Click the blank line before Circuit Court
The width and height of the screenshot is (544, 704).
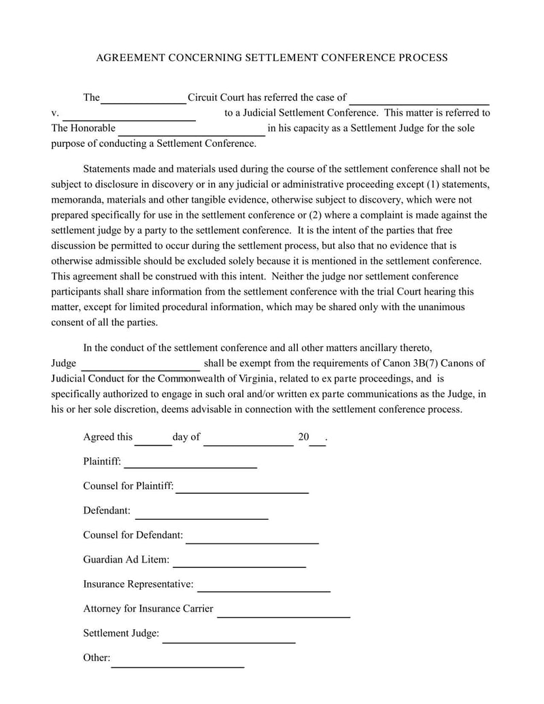click(x=143, y=102)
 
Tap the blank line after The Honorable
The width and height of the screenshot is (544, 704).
click(x=192, y=134)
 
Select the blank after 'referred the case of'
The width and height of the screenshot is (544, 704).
click(x=419, y=103)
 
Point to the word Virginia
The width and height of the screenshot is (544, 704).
click(x=256, y=378)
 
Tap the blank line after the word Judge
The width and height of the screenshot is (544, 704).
click(x=140, y=368)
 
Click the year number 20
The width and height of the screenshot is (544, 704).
click(x=303, y=437)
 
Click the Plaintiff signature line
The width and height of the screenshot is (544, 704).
click(x=190, y=467)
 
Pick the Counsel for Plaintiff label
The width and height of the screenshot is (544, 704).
click(x=128, y=486)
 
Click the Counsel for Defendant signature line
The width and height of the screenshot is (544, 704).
click(x=252, y=542)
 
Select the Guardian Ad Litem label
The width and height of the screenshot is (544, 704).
click(x=126, y=559)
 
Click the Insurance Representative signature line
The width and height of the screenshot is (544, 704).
click(x=264, y=590)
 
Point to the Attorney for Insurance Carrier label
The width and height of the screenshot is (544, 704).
click(x=148, y=608)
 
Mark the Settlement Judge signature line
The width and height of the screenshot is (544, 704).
click(x=229, y=641)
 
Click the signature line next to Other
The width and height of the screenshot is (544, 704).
click(x=177, y=665)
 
